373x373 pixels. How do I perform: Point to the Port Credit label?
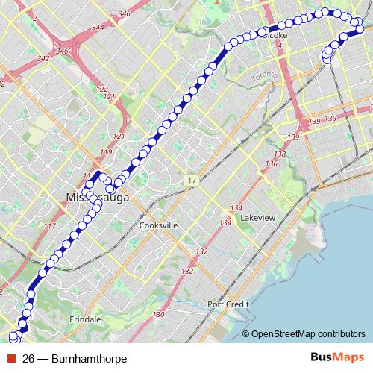228,304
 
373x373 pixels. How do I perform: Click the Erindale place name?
84,319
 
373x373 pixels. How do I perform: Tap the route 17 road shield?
193,181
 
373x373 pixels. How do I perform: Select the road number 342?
43,57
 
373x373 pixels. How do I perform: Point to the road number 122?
102,89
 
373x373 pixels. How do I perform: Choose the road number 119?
105,152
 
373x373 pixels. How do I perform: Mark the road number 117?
50,226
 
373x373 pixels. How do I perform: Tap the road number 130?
158,316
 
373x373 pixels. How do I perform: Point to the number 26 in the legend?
29,358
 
